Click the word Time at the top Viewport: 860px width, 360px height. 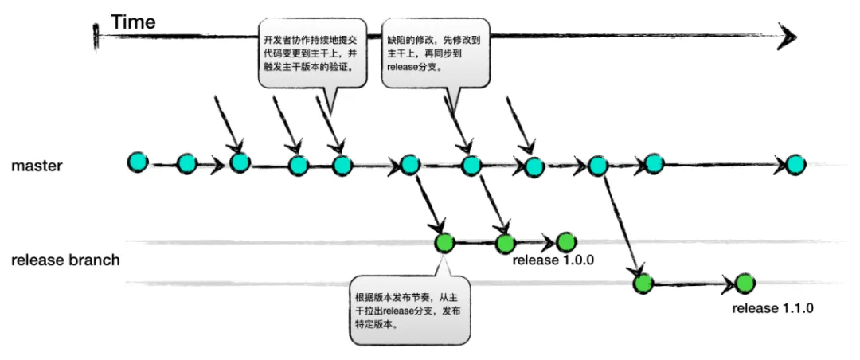pos(133,22)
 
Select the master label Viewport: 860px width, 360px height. pos(37,166)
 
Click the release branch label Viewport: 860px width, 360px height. pos(65,260)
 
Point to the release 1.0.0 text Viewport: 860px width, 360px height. pos(553,260)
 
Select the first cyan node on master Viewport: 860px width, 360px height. pos(138,162)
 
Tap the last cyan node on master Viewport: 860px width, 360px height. pos(795,165)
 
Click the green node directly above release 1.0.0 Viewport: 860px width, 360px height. pos(565,241)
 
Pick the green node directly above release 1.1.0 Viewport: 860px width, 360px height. pos(745,283)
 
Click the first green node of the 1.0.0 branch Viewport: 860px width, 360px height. pos(444,243)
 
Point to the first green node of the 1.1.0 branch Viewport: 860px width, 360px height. pos(643,283)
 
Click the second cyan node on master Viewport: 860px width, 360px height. pos(186,164)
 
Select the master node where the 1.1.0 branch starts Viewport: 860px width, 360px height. pos(598,166)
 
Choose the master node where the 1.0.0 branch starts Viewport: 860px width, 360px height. pos(409,165)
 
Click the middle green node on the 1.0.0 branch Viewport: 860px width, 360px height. pos(506,244)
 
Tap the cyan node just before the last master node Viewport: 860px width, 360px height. pos(654,164)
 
